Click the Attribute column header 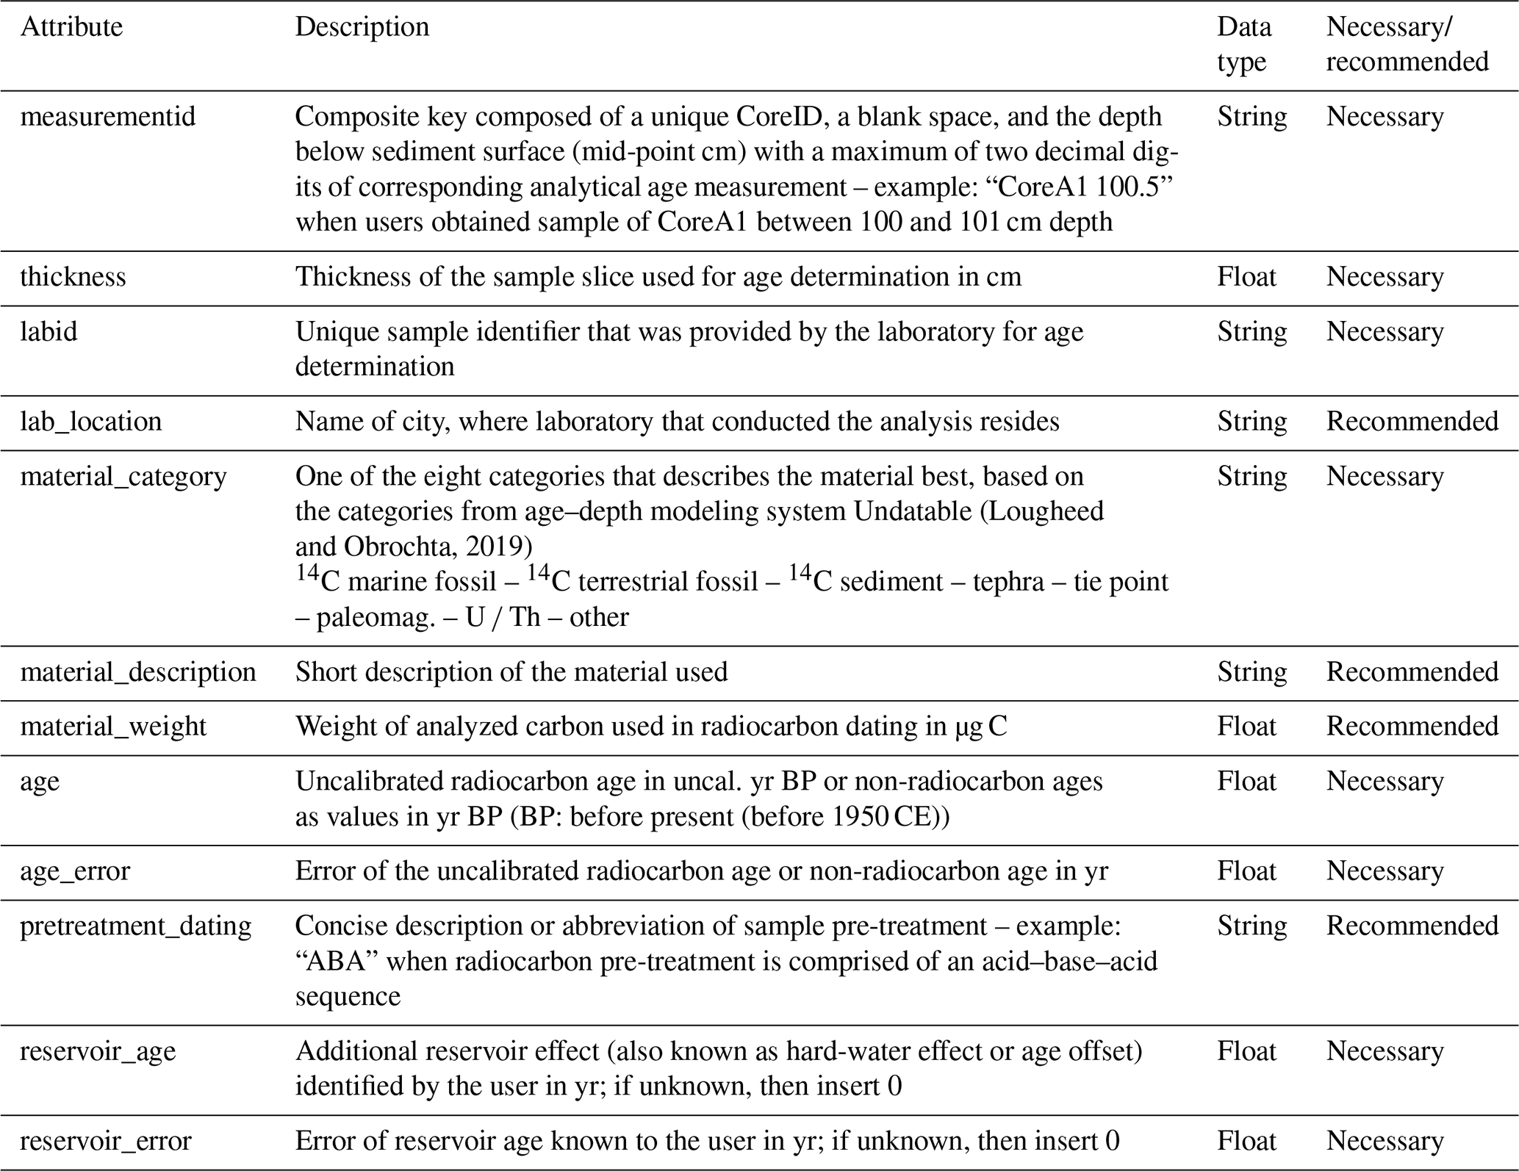tap(71, 27)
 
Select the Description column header tap(362, 27)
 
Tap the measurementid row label tap(108, 117)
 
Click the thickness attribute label tap(73, 277)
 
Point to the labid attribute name tap(49, 331)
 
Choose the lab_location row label tap(90, 422)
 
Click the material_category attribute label tap(123, 477)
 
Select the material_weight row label tap(113, 727)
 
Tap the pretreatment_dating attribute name tap(135, 926)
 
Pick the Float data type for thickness tap(1246, 277)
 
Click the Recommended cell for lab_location tap(1412, 422)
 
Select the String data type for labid tap(1252, 331)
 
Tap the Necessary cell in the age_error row tap(1385, 871)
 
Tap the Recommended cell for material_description tap(1412, 672)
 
